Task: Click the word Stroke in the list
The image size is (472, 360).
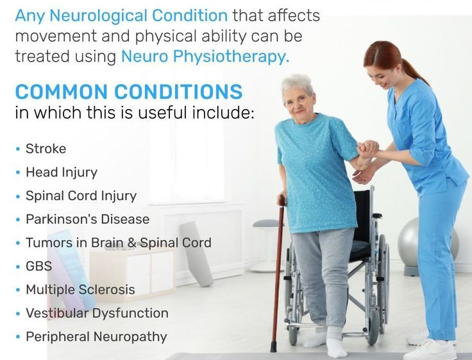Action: (46, 149)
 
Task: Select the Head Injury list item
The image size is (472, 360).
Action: (62, 173)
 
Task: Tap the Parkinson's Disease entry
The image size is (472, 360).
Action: (88, 219)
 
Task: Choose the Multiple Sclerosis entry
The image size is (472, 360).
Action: (80, 290)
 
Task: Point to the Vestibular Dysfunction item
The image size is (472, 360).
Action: (97, 313)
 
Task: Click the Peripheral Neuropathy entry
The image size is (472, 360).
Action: (96, 337)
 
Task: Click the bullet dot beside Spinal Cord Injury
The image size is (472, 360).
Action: (18, 196)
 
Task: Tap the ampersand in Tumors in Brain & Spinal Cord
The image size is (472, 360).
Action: (132, 243)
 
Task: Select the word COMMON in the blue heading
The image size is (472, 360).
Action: (62, 92)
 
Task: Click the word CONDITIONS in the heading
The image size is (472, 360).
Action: (178, 92)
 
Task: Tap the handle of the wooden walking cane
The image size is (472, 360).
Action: (282, 200)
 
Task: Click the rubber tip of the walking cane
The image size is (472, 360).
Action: (273, 347)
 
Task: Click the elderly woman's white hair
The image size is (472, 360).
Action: (297, 85)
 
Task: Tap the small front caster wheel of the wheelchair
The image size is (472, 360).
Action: (293, 336)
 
